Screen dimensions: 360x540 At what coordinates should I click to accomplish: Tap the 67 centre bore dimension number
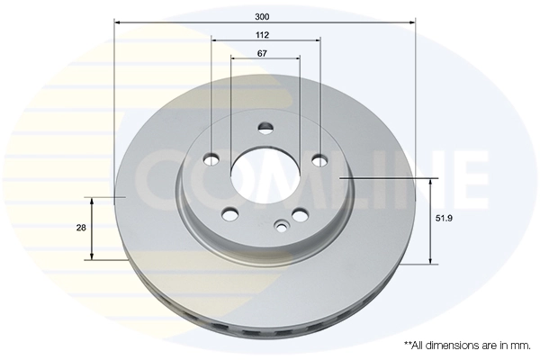262,54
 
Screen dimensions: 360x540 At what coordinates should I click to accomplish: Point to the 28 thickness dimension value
81,228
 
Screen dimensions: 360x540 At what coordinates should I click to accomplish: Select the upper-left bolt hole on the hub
211,160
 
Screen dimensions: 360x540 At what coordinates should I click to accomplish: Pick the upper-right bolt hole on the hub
319,160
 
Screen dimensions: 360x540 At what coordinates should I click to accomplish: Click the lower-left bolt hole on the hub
229,214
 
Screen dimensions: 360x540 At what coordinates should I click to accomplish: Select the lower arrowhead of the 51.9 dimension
431,261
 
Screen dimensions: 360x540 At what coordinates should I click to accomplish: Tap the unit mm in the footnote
519,345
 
